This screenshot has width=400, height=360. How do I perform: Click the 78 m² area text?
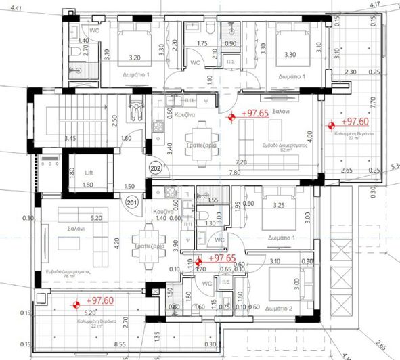click(59, 276)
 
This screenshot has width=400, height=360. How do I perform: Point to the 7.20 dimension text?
click(241, 163)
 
